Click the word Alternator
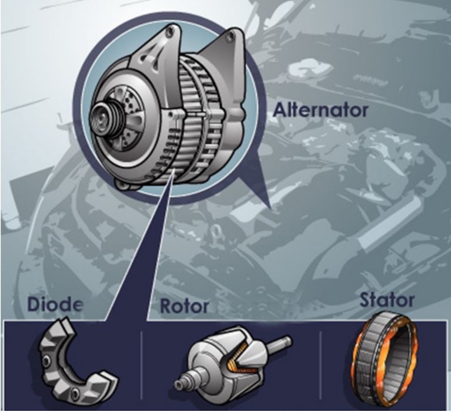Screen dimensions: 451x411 click(x=320, y=110)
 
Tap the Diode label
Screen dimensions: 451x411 click(x=55, y=305)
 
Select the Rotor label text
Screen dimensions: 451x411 click(x=185, y=306)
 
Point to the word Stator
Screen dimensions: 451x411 click(x=387, y=300)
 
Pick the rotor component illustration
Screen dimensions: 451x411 click(x=232, y=364)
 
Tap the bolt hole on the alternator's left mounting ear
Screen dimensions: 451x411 click(x=171, y=31)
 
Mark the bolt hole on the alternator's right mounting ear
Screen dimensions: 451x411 click(x=230, y=36)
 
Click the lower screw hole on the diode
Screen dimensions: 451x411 click(x=76, y=391)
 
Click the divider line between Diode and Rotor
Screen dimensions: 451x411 click(x=142, y=365)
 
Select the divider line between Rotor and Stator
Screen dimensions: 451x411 click(x=320, y=365)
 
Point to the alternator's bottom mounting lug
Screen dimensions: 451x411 click(x=124, y=183)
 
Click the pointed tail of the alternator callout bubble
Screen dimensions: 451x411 click(x=270, y=207)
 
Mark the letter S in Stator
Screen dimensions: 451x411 click(x=365, y=299)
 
